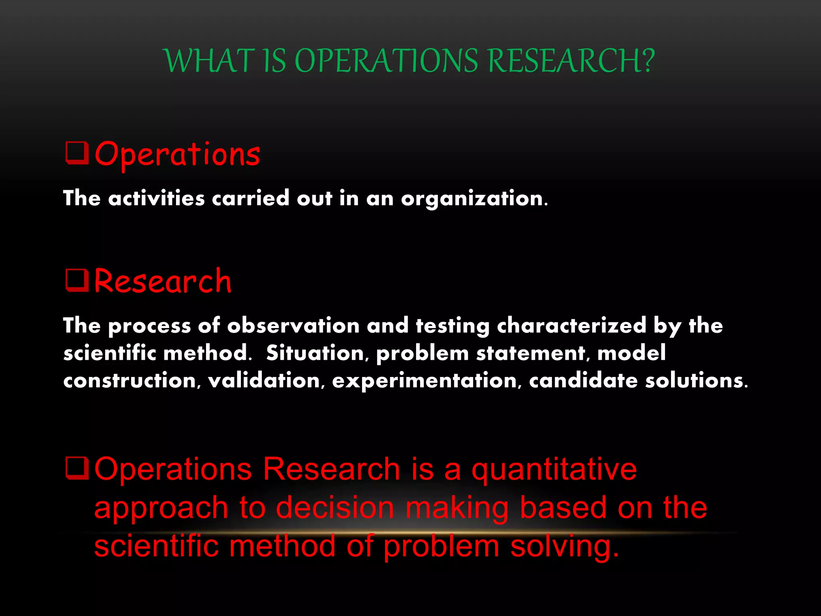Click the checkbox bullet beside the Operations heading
[x=77, y=153]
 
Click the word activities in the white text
[x=156, y=198]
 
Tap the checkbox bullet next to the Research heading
[x=77, y=280]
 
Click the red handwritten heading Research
[x=163, y=282]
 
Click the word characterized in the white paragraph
[x=571, y=325]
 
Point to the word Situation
[x=315, y=353]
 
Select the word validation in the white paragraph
[x=264, y=380]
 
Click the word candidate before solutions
[x=583, y=380]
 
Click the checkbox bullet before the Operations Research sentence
[x=77, y=468]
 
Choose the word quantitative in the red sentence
[x=554, y=470]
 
